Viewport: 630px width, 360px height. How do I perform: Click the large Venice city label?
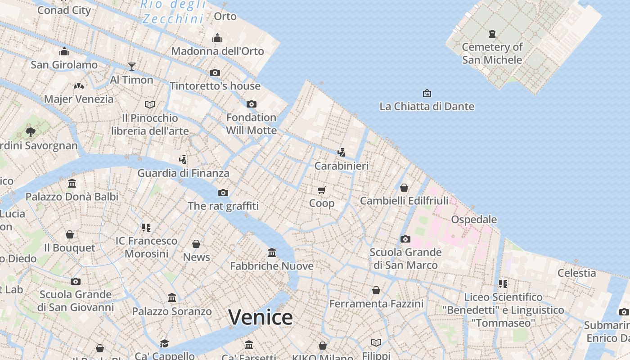point(261,317)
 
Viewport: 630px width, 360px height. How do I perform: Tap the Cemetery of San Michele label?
point(492,53)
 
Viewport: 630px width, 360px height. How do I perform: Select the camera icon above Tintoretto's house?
point(215,72)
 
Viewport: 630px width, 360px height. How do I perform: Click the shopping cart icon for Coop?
point(321,190)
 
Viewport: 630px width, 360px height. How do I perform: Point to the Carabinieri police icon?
point(342,152)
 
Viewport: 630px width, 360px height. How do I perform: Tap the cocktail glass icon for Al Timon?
point(132,67)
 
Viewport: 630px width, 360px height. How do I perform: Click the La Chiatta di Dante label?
point(427,106)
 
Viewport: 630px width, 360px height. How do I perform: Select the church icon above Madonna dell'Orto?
point(217,38)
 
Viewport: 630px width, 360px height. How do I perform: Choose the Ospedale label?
point(474,220)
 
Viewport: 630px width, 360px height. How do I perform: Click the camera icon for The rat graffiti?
point(223,193)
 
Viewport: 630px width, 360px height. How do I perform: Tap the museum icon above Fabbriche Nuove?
point(272,252)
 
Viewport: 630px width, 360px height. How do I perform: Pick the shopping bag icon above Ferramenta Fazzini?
point(376,290)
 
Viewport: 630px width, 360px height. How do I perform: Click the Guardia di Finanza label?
point(183,173)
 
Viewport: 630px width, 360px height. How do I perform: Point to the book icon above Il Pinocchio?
point(150,104)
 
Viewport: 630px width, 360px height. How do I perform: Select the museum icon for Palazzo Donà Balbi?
point(72,183)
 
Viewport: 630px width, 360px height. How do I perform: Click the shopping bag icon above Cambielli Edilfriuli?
point(404,187)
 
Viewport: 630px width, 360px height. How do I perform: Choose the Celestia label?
point(576,273)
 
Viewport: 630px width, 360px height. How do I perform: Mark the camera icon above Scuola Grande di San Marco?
point(405,239)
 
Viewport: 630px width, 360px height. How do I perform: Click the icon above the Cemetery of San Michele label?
point(492,33)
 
